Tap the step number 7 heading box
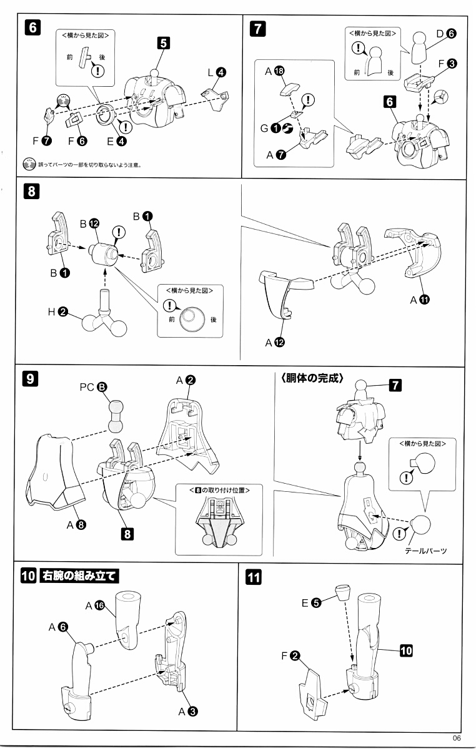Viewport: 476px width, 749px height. (258, 28)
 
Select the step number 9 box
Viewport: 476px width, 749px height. (31, 379)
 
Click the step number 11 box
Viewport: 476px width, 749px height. (254, 578)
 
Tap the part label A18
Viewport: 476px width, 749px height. (275, 72)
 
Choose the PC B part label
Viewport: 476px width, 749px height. (94, 387)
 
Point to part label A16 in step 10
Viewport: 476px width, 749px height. (96, 605)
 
